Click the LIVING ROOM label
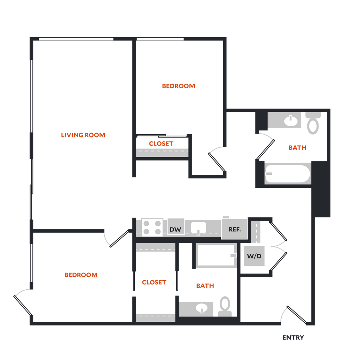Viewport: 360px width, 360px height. point(83,135)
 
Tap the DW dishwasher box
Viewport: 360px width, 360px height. point(175,230)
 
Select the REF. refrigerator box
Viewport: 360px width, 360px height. point(234,229)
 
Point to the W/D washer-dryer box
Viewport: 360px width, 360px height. point(254,256)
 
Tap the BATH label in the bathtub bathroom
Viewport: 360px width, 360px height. point(297,148)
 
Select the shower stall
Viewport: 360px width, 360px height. point(216,256)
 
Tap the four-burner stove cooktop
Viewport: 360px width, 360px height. point(152,227)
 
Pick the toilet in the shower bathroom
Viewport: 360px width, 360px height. point(225,306)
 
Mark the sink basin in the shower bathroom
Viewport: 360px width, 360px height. point(201,308)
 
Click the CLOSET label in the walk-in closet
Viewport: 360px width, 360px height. point(153,282)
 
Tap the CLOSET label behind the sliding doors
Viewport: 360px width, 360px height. point(161,143)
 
